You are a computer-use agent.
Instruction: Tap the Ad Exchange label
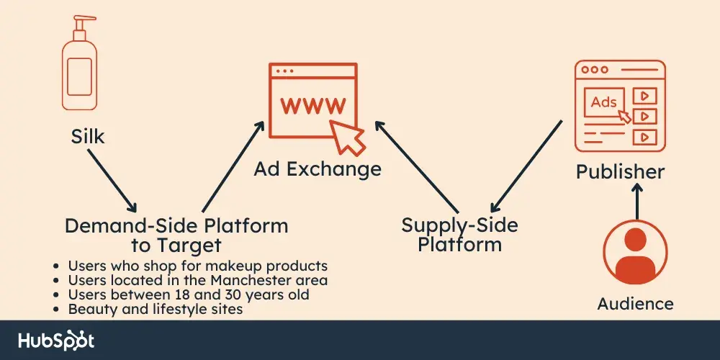tap(317, 169)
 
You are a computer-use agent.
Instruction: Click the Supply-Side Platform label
tap(459, 234)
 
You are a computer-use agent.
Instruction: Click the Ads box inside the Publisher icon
tap(603, 102)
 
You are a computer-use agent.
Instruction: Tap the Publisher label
tap(620, 172)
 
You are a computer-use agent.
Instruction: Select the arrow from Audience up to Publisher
tap(636, 201)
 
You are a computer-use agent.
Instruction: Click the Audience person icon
tap(636, 252)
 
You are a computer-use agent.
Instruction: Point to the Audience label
tap(635, 303)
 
